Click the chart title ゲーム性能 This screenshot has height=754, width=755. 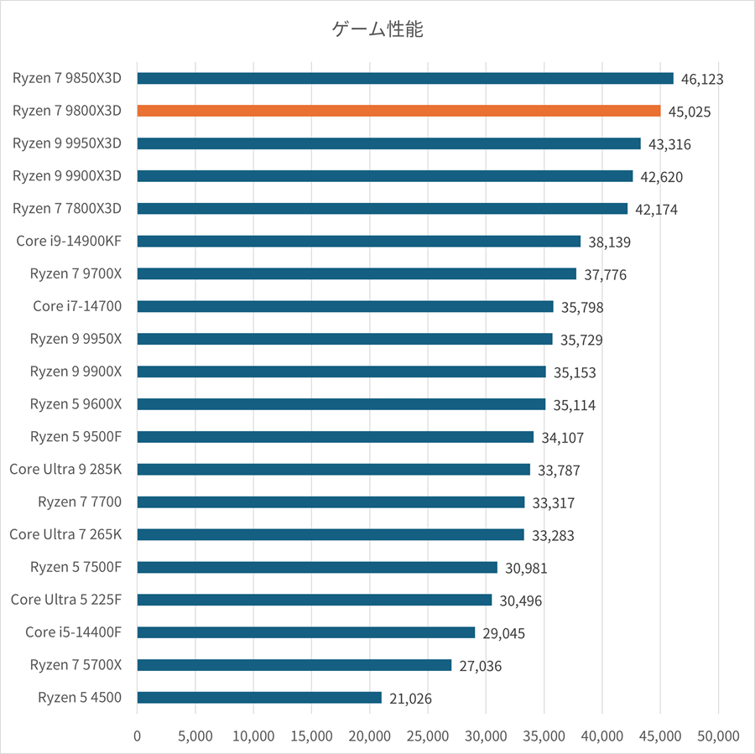pos(377,31)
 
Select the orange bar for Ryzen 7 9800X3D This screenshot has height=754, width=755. pos(398,111)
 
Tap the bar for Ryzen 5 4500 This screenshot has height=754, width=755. pos(259,697)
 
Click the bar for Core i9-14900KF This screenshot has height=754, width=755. pos(358,242)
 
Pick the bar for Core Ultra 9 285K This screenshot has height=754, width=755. pos(333,470)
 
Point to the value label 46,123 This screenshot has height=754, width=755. pos(702,80)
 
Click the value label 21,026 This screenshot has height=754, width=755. pos(410,698)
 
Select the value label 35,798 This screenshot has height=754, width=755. pos(582,308)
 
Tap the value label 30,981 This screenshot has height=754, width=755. pos(526,568)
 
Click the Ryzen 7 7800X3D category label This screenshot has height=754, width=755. pos(67,208)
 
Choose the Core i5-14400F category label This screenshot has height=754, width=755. pos(74,632)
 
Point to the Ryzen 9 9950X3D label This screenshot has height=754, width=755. pos(67,143)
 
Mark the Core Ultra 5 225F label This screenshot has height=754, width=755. pos(66,599)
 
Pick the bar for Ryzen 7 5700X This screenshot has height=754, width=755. pos(294,665)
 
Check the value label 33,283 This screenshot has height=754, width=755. pos(553,535)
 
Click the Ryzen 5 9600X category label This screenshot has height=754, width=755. pos(75,403)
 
